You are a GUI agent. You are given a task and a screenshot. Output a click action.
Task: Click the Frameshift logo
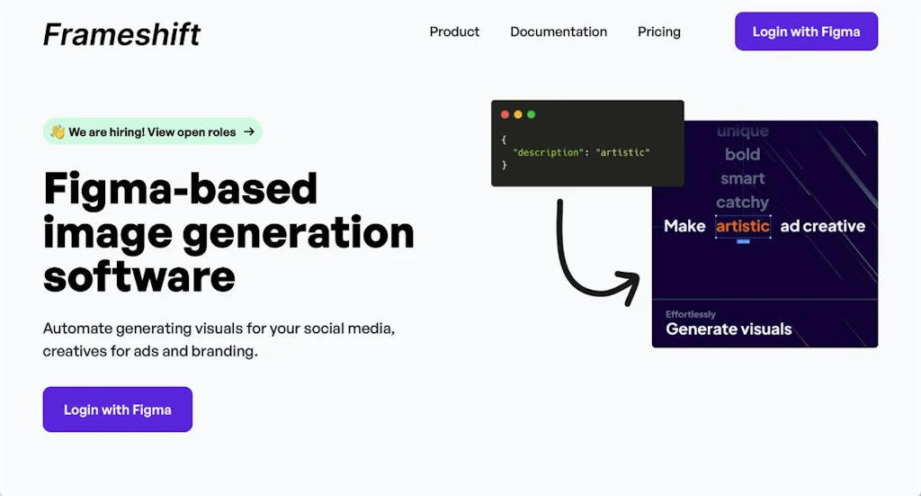(x=121, y=34)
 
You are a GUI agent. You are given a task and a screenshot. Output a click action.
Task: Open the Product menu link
(x=454, y=32)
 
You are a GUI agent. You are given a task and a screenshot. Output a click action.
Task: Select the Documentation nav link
(x=559, y=32)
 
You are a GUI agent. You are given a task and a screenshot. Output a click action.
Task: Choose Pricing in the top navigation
(x=659, y=32)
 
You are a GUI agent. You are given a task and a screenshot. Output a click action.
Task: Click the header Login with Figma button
(x=807, y=32)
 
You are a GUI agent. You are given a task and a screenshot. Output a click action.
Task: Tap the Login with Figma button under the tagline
(x=118, y=409)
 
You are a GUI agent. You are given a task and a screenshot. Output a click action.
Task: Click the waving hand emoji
(x=58, y=131)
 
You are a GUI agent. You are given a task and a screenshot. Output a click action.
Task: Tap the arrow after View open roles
(x=249, y=131)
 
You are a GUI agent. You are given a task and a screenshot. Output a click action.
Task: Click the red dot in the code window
(x=505, y=114)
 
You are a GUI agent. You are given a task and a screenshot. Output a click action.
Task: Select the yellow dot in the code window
(x=518, y=114)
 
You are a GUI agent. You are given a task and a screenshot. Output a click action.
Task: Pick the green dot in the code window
(x=531, y=114)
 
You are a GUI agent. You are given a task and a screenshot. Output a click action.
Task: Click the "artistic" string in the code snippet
(x=622, y=152)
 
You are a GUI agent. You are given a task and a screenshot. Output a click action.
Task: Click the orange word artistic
(x=743, y=226)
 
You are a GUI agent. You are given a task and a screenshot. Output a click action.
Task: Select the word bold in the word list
(x=742, y=154)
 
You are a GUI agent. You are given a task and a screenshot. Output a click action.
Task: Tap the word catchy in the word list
(x=742, y=203)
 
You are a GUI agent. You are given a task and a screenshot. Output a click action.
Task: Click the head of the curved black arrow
(x=630, y=285)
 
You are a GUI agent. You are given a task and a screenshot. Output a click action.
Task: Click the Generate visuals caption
(x=729, y=329)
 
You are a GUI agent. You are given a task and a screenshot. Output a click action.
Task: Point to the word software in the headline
(x=139, y=276)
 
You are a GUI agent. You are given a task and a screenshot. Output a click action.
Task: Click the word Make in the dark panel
(x=684, y=226)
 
